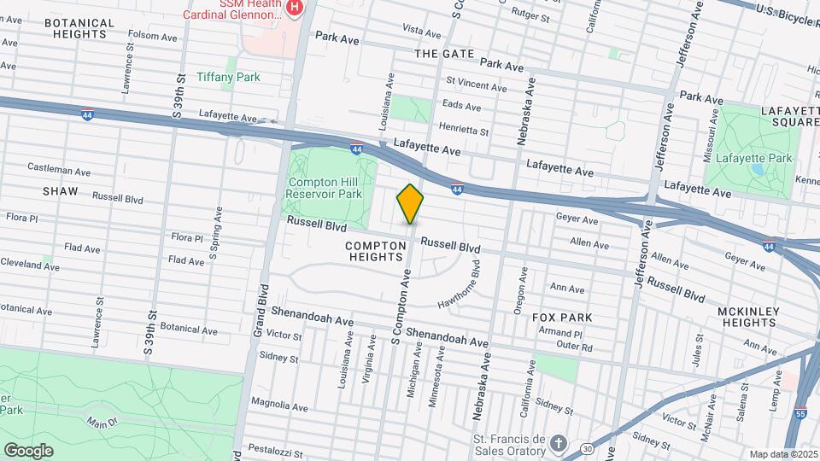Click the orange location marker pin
pyautogui.click(x=410, y=203)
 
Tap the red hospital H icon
pyautogui.click(x=295, y=8)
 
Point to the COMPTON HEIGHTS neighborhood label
pyautogui.click(x=375, y=251)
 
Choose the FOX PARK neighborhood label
pyautogui.click(x=562, y=317)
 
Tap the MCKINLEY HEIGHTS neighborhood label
pyautogui.click(x=748, y=317)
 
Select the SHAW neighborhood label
pyautogui.click(x=60, y=192)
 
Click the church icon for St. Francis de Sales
pyautogui.click(x=558, y=443)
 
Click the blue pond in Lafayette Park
pyautogui.click(x=758, y=169)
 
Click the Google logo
pyautogui.click(x=29, y=450)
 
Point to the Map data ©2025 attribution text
pyautogui.click(x=782, y=454)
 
